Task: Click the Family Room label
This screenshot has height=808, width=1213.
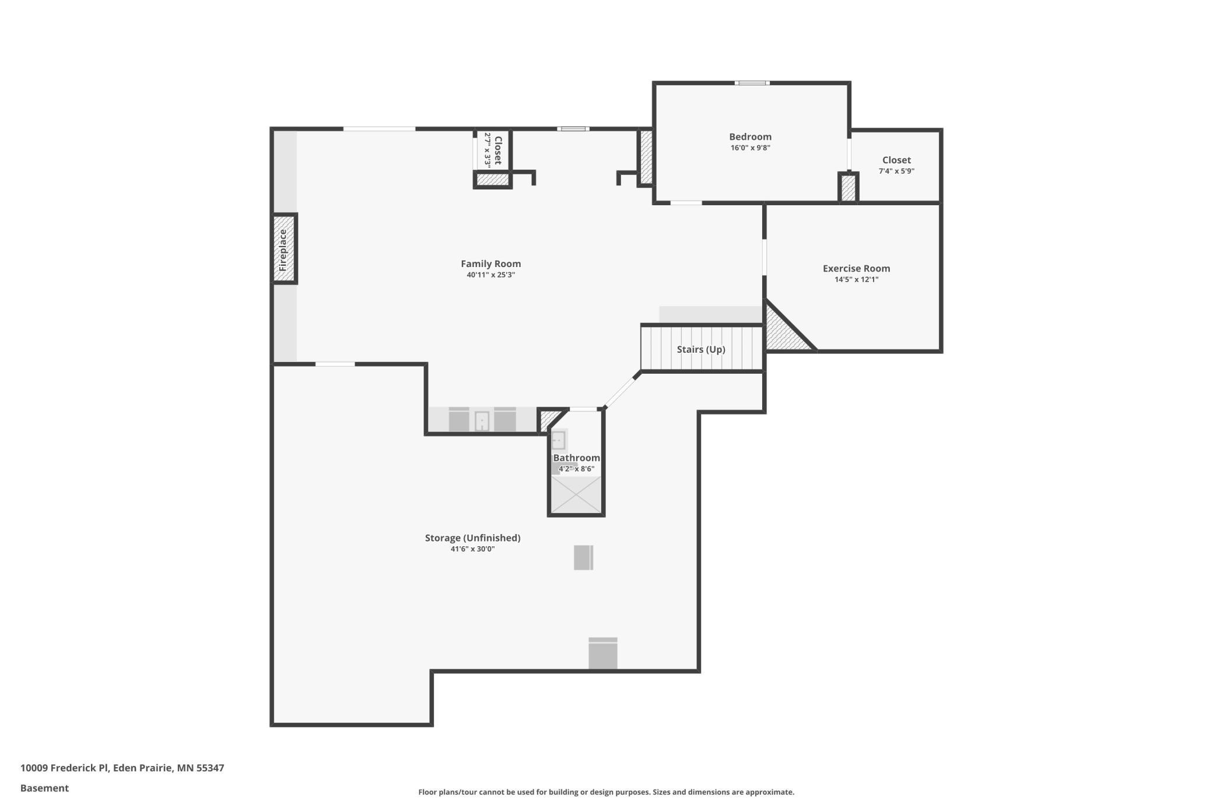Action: point(490,264)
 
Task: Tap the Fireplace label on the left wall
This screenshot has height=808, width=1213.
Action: point(283,250)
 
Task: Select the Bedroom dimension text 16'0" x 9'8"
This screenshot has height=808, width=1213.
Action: point(751,148)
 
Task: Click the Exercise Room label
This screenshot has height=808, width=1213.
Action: point(856,269)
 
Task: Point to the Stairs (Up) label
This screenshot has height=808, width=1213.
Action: point(701,350)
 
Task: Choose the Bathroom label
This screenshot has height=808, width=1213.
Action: point(576,458)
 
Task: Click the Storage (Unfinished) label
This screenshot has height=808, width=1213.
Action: point(472,538)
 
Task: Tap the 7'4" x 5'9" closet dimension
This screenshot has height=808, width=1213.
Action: point(896,171)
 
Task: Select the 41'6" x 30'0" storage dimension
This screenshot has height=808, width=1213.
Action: point(472,549)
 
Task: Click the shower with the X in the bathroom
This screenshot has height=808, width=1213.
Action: point(576,495)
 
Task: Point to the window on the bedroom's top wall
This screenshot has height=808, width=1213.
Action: point(752,83)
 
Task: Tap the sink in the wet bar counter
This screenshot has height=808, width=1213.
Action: point(482,421)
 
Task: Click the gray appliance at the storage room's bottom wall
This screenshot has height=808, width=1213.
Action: point(602,653)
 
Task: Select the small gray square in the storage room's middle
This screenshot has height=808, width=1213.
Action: point(583,557)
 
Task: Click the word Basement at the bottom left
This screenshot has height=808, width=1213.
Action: point(44,788)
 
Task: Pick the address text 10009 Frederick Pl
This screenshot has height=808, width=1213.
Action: point(64,768)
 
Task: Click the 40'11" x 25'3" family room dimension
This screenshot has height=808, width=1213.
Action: point(490,275)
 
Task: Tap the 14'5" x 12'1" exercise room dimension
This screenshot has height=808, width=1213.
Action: point(856,280)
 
